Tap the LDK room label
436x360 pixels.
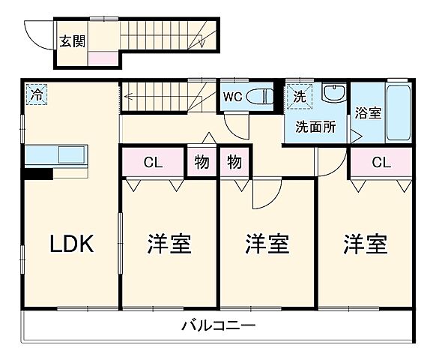point(71,244)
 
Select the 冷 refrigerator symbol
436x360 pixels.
point(36,94)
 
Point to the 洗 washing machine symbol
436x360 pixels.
point(298,96)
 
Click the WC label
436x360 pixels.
point(231,97)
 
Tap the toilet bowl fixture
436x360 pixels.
point(257,97)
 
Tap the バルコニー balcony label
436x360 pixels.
point(218,326)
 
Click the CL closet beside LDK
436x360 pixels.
point(152,162)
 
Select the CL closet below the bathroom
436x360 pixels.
point(381,162)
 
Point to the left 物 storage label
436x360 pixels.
point(201,162)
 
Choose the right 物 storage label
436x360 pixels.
point(234,162)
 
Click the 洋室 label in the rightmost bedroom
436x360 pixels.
point(366,244)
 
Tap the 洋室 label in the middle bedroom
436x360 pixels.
point(267,244)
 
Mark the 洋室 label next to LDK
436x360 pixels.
point(169,244)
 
